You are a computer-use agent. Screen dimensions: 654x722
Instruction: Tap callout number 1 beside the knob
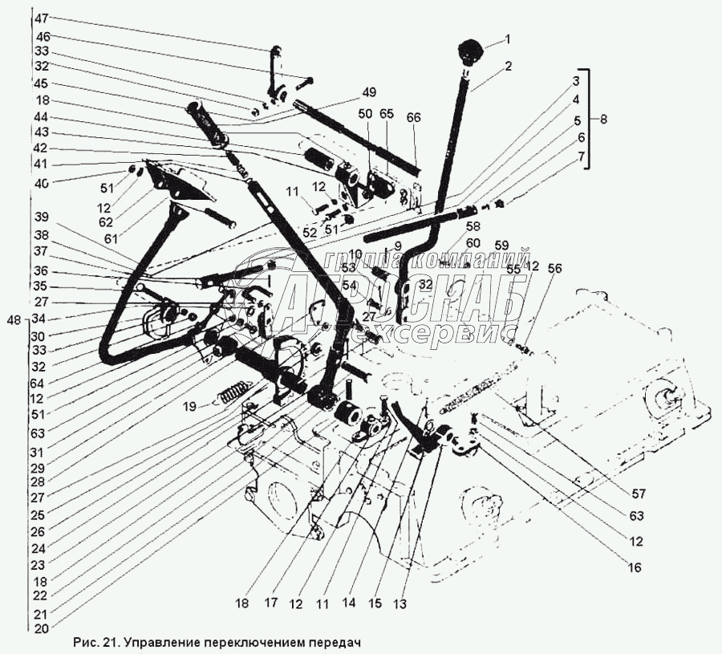pos(507,39)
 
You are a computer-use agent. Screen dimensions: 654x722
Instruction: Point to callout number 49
pos(368,91)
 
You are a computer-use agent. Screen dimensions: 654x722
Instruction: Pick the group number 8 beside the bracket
pos(603,118)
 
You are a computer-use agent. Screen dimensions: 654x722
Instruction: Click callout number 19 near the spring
pos(188,407)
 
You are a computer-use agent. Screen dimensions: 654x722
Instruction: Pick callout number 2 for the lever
pos(507,68)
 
